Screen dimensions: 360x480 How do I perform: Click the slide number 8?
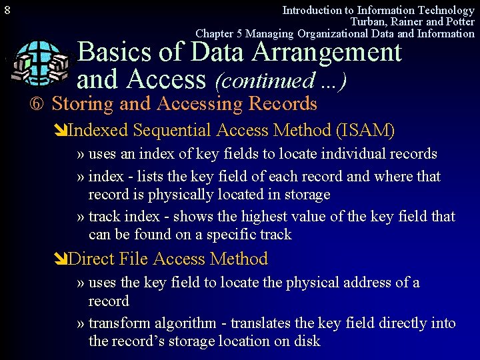pyautogui.click(x=7, y=11)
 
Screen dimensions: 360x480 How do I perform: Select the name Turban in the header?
pyautogui.click(x=368, y=22)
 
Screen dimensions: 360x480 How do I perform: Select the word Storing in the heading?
pyautogui.click(x=83, y=104)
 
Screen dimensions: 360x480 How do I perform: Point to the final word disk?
pyautogui.click(x=307, y=341)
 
